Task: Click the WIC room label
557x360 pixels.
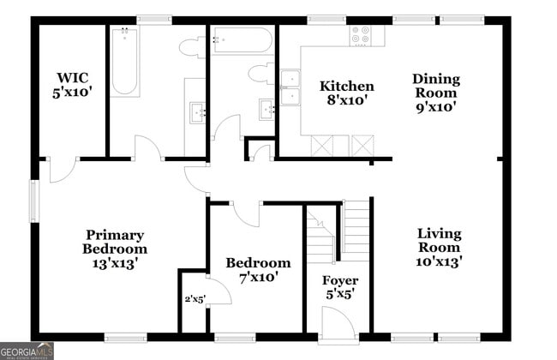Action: [x=69, y=79]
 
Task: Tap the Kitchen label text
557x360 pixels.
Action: [x=346, y=87]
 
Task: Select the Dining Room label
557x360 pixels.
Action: [x=436, y=86]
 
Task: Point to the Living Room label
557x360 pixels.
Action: [x=440, y=240]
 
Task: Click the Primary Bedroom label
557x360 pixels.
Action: [x=114, y=242]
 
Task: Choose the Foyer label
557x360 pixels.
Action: [x=339, y=281]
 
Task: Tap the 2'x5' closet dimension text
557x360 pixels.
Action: [x=195, y=299]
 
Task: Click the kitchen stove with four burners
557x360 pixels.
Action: [x=360, y=36]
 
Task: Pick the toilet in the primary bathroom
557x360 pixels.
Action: [x=194, y=47]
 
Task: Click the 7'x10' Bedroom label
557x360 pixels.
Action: [x=258, y=270]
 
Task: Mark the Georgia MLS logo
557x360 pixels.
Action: [x=27, y=351]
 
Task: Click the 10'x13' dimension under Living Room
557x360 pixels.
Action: [x=440, y=261]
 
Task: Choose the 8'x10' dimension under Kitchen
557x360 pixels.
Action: [x=346, y=100]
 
